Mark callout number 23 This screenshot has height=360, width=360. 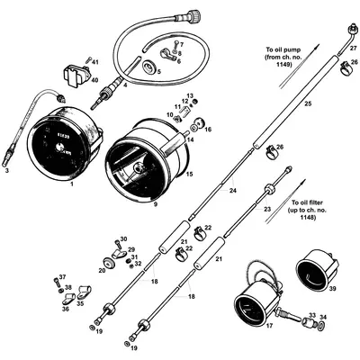click(266, 208)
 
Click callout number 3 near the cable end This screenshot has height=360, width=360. click(8, 169)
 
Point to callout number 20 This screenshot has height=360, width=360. click(101, 270)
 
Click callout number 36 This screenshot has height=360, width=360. click(66, 309)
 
